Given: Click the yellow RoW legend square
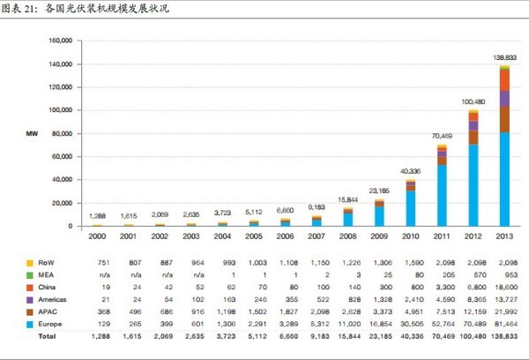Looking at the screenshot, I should tap(30, 263).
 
